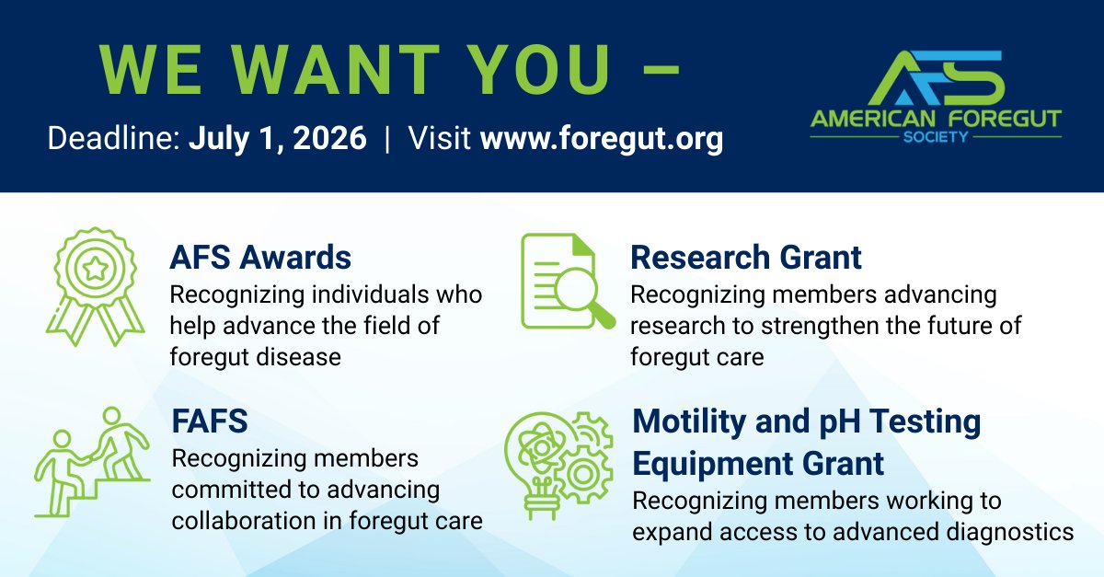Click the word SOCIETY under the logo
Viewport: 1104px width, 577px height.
pos(936,134)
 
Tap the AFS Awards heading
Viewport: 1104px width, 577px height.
pos(260,258)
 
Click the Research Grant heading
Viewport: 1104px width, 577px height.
pos(746,258)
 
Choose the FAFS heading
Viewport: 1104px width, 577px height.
pos(210,422)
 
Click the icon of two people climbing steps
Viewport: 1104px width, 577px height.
pos(93,460)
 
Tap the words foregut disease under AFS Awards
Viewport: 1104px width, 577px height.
pos(255,356)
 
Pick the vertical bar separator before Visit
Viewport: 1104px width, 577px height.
pos(387,140)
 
